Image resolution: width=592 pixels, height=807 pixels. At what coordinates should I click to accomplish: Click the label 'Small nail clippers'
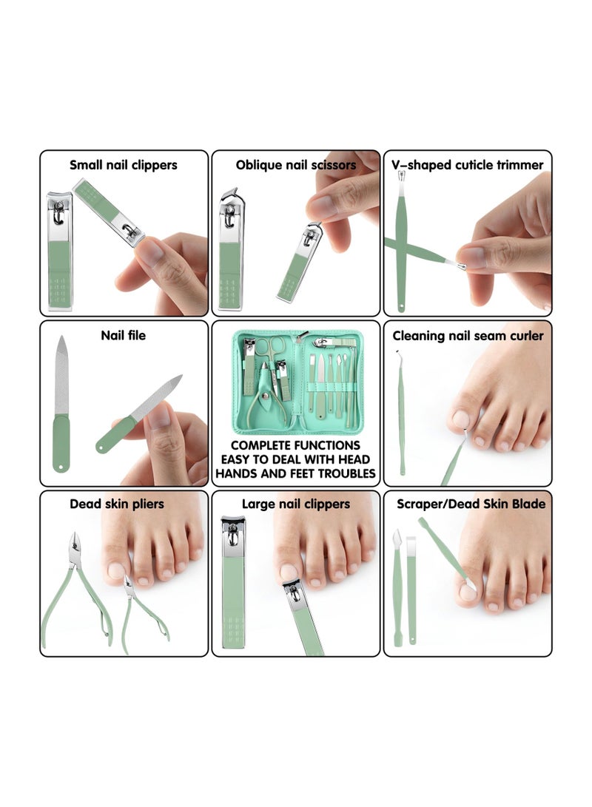124,165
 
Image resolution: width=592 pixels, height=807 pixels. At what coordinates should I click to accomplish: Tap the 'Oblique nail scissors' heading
295,165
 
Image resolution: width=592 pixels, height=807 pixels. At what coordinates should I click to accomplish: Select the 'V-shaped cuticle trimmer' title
467,165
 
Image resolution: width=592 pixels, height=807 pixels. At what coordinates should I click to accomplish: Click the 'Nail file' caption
124,336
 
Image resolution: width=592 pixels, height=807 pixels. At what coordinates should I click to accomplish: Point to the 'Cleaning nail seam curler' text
468,336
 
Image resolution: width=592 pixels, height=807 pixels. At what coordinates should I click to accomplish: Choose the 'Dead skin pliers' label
117,504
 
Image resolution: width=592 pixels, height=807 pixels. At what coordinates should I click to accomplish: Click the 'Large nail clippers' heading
295,504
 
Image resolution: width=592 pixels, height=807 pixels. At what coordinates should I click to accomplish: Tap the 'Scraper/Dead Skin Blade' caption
471,504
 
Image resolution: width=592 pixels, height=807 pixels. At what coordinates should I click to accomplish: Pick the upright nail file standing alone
61,403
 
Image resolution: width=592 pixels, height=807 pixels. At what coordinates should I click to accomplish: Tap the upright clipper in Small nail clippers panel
60,251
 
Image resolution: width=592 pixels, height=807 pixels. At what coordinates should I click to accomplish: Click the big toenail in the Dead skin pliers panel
115,571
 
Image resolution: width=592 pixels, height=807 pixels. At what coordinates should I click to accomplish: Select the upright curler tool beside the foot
401,422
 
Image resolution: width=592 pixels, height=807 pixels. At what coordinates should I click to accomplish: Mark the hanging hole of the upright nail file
61,466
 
